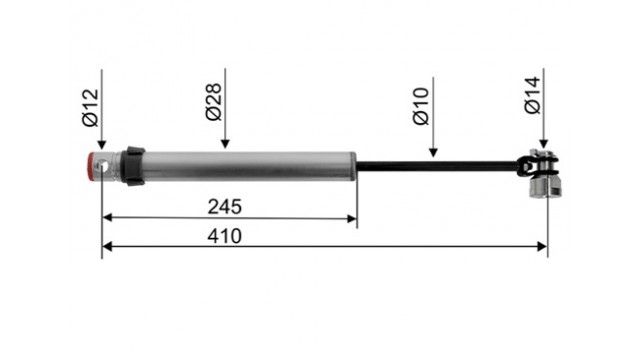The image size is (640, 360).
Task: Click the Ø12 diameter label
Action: coord(90,108)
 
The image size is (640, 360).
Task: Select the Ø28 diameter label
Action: coord(213,102)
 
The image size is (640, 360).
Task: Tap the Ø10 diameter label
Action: coord(421,106)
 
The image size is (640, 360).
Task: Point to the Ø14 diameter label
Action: coord(533,95)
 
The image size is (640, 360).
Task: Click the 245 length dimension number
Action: coord(224,207)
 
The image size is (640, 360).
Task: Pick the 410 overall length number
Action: coord(224,236)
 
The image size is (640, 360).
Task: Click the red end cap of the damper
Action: coord(91,166)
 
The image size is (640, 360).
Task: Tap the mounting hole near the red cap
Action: coord(102,167)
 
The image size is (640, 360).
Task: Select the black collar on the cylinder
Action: coord(134,166)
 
